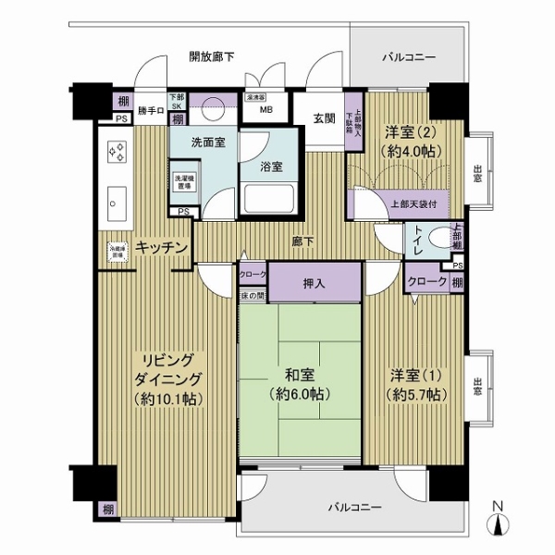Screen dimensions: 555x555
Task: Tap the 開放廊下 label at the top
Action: (x=211, y=57)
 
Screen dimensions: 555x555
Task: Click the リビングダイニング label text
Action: (x=166, y=379)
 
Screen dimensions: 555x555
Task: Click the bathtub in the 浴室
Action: (x=267, y=198)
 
